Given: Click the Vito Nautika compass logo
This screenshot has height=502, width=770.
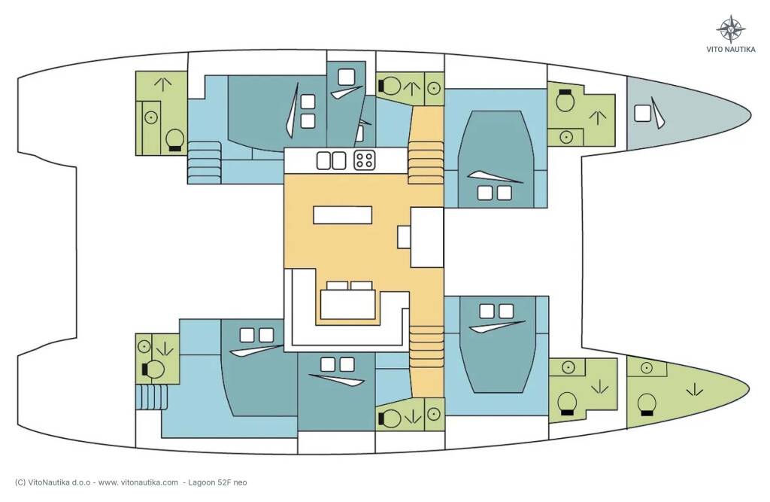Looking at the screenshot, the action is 731,29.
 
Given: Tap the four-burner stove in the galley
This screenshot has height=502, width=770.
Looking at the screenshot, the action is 365,160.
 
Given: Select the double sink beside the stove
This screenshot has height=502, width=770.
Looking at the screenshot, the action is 331,161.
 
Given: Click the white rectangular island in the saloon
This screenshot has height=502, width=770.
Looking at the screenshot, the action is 342,214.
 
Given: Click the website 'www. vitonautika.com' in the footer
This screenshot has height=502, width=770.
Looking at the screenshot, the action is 138,482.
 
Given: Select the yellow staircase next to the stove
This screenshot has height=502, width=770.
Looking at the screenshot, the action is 426,162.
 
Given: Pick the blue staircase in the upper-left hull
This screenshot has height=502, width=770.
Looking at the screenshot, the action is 205,163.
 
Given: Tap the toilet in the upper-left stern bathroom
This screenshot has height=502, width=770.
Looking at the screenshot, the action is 174,141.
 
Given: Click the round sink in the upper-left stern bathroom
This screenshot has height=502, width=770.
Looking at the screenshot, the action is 150,117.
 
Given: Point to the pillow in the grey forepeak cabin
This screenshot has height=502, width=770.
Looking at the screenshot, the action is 642,114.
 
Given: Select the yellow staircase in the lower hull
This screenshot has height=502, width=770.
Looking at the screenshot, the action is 426,347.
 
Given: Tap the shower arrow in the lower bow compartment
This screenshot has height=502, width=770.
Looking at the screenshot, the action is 694,390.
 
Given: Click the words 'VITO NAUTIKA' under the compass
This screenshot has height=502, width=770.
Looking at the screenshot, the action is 731,50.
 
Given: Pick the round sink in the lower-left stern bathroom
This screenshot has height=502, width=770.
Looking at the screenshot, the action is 144,347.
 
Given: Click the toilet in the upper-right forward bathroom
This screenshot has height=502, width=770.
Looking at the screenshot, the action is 565,102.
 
